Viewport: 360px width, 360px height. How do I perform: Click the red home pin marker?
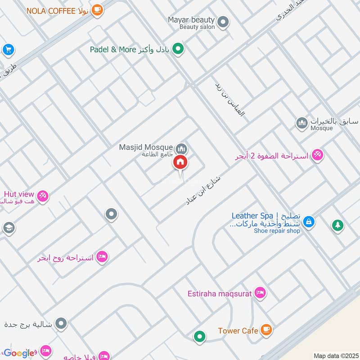[180, 162]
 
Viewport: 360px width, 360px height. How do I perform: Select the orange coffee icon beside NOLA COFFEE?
[97, 10]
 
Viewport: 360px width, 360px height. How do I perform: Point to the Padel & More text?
[112, 49]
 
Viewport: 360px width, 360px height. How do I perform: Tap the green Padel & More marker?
[179, 49]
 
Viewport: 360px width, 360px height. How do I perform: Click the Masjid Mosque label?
[145, 147]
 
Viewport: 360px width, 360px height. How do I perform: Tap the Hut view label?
[19, 194]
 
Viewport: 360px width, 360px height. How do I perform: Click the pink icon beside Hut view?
[43, 196]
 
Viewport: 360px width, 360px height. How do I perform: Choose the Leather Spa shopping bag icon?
[309, 221]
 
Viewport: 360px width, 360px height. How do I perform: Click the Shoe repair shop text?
[277, 231]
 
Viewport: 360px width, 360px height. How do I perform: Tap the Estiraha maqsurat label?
[220, 294]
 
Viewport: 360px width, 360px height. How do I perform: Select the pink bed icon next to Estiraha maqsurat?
[260, 293]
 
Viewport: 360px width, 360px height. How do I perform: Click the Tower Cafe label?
[238, 331]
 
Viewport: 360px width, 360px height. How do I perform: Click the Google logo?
[19, 353]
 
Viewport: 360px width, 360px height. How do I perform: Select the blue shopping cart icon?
[8, 50]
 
